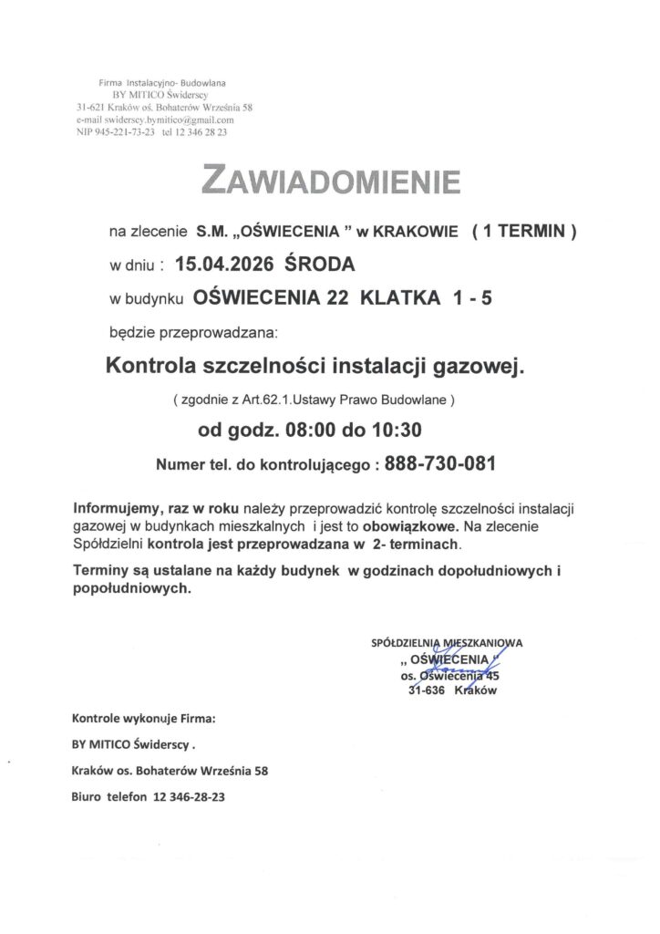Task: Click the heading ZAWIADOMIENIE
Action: [x=330, y=182]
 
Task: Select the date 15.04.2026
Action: [x=226, y=265]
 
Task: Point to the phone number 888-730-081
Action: [x=440, y=463]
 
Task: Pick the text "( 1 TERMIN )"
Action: [x=524, y=232]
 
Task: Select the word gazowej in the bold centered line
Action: [x=483, y=367]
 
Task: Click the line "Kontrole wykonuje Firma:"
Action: [x=144, y=718]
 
